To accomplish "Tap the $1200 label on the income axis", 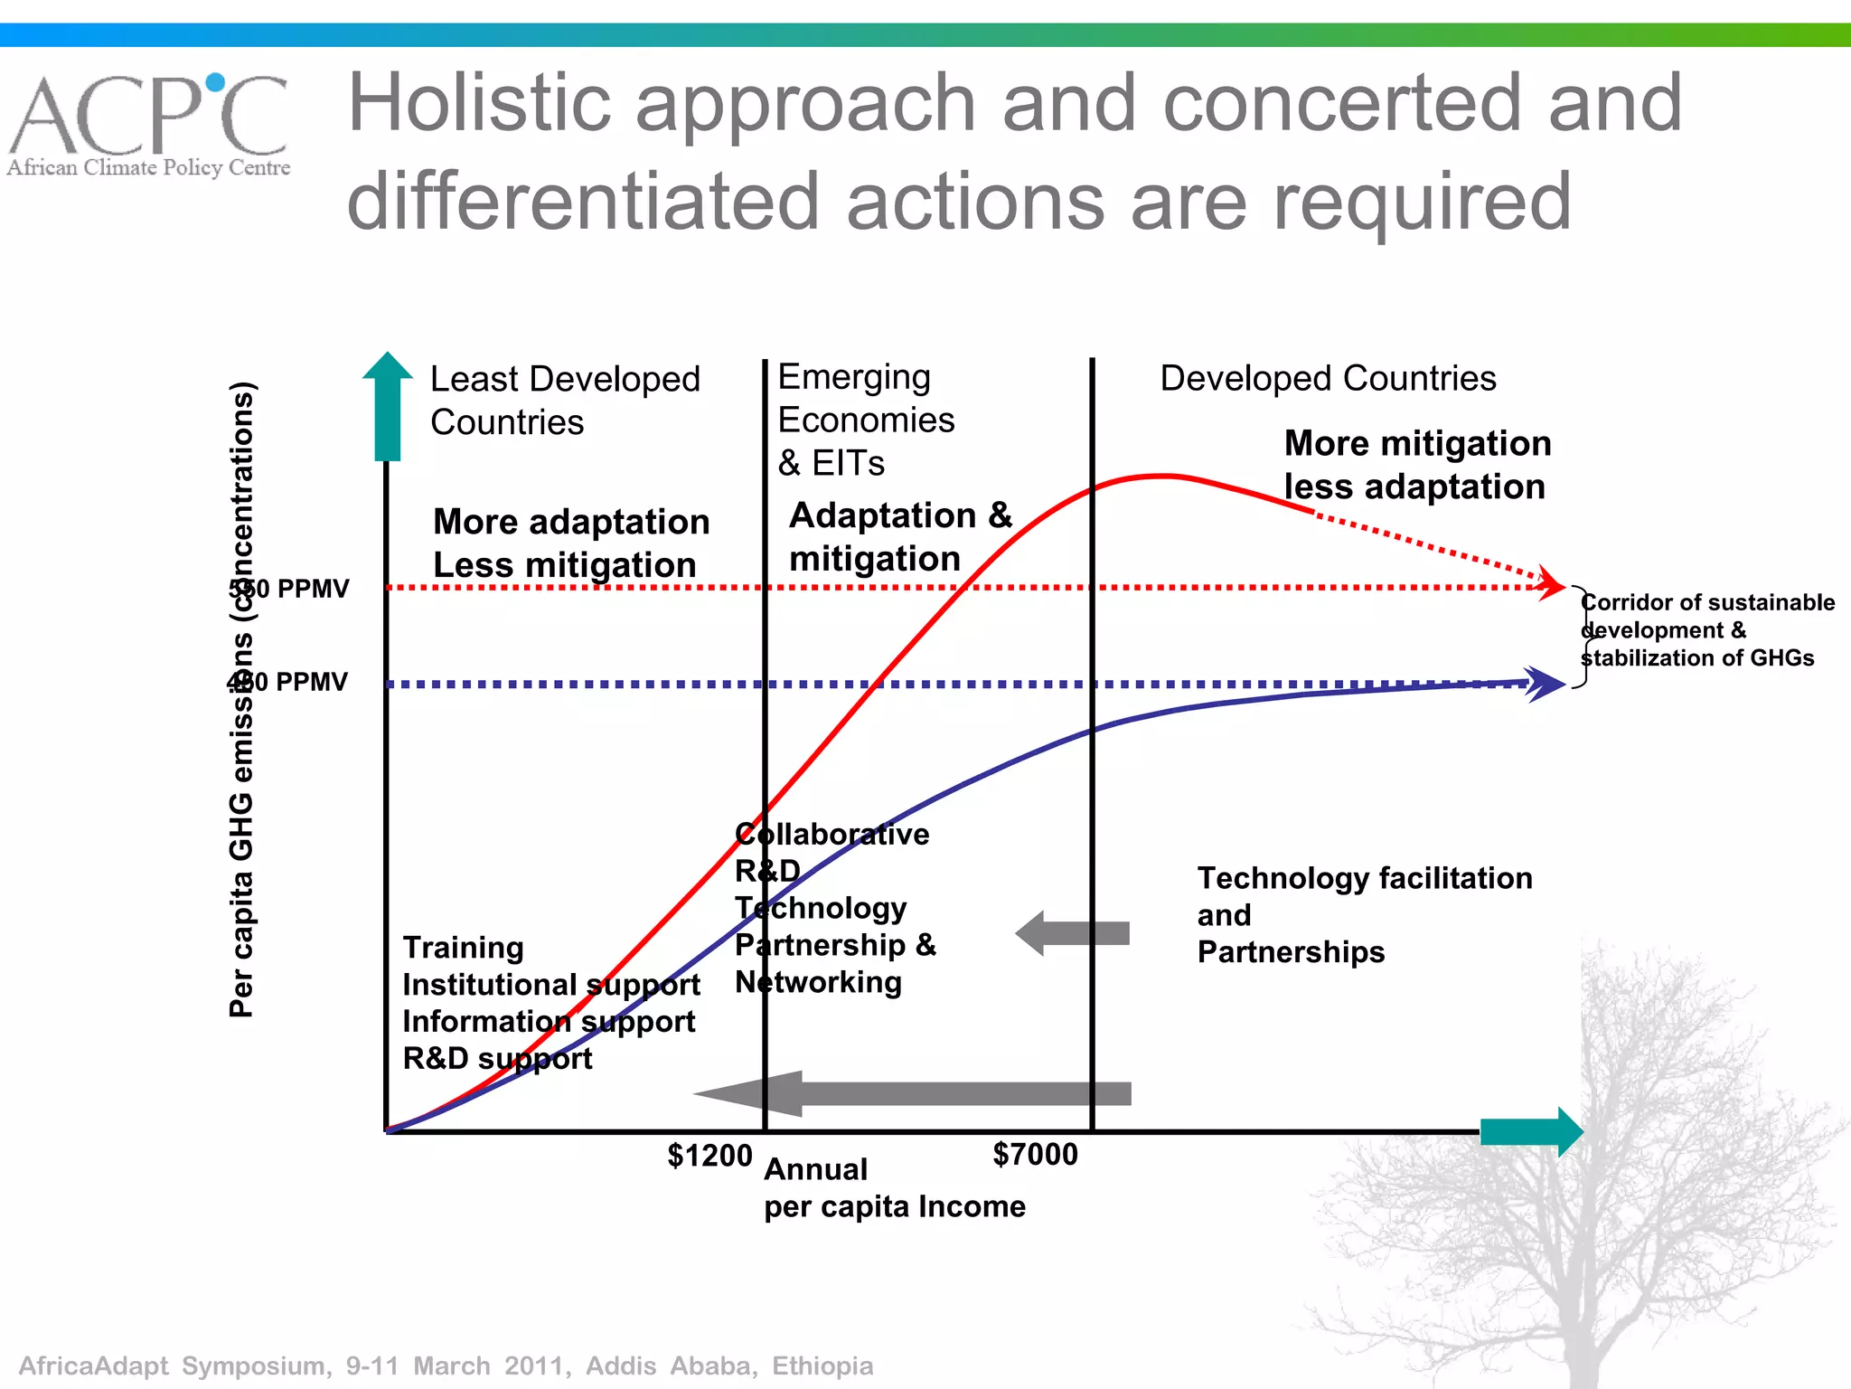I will tap(709, 1156).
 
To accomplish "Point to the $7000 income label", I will tap(1035, 1154).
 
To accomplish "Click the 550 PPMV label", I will tap(289, 589).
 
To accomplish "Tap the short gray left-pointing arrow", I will tap(1072, 933).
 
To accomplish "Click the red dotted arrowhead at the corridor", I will tap(1553, 581).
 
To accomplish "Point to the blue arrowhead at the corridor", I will tap(1547, 684).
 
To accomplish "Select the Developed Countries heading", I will tap(1328, 378).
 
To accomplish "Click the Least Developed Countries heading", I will tap(565, 400).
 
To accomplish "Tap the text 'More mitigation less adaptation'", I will tap(1417, 465).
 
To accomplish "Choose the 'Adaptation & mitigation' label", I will tap(900, 536).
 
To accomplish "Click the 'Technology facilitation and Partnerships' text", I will tap(1365, 914).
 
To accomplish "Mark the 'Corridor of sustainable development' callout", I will tap(1707, 629).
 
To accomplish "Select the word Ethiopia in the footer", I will tap(822, 1365).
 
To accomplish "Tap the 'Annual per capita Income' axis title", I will tap(894, 1187).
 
